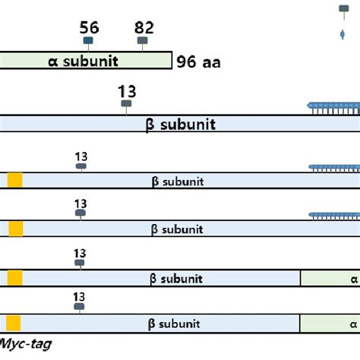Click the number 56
click(x=89, y=28)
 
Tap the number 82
click(x=144, y=28)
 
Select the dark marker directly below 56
click(x=89, y=41)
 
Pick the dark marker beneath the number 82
click(x=142, y=41)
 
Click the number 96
click(x=187, y=63)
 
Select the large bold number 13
click(x=127, y=91)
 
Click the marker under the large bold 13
click(x=126, y=103)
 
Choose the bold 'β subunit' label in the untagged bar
click(x=180, y=124)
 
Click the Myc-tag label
click(x=26, y=344)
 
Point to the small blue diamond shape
click(x=343, y=35)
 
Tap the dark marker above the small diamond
click(x=343, y=10)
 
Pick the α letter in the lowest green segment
click(x=353, y=324)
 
